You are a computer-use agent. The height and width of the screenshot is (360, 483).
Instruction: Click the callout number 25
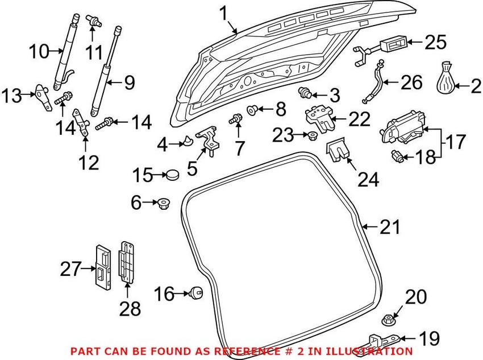coord(436,43)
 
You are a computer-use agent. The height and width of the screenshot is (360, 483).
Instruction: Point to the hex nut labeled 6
coord(163,204)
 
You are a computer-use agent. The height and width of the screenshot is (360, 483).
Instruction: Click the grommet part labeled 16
coord(196,292)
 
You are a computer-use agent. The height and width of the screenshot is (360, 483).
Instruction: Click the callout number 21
coord(390,227)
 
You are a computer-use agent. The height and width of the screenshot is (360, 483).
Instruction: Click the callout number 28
coord(130,308)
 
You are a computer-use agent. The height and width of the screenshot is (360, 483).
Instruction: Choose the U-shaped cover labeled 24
coord(338,149)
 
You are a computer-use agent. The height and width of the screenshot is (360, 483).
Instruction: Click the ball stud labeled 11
coord(93,20)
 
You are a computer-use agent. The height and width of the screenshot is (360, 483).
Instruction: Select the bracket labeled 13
coord(43,97)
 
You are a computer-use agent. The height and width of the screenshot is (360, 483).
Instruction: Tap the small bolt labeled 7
coord(236,119)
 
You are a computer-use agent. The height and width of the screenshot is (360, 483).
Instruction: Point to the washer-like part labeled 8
coord(253,109)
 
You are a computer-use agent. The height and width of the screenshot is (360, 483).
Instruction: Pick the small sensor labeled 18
coord(397,156)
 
